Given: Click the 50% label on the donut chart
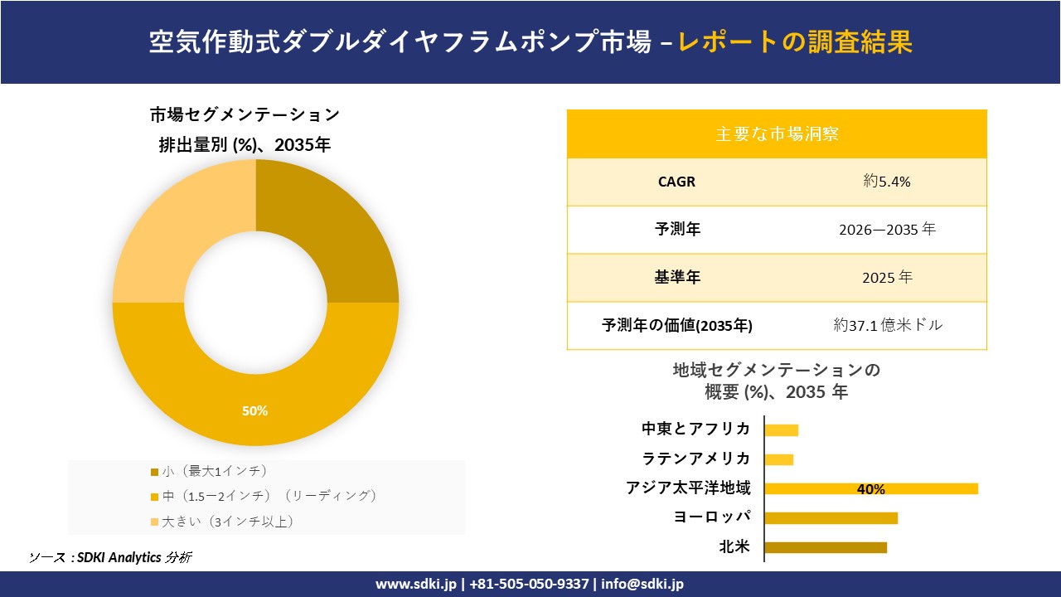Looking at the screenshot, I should click(255, 411).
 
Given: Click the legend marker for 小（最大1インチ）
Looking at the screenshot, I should click(154, 473).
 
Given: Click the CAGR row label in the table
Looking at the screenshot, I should click(676, 182).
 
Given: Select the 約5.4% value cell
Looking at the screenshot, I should click(886, 182).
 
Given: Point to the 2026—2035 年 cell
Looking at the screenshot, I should click(886, 230).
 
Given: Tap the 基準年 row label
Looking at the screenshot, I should click(677, 278).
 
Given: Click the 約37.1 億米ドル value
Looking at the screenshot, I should click(888, 326).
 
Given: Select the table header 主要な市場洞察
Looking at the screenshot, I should click(777, 133).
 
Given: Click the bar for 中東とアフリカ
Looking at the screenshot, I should click(781, 430).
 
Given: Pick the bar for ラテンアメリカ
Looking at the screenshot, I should click(778, 459).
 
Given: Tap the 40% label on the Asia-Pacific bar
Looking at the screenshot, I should click(870, 489).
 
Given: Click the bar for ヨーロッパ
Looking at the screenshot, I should click(831, 518).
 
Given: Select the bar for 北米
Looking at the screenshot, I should click(825, 547).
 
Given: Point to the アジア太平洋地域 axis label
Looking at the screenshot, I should click(688, 488).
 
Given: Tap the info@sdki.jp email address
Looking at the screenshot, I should click(642, 584).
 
